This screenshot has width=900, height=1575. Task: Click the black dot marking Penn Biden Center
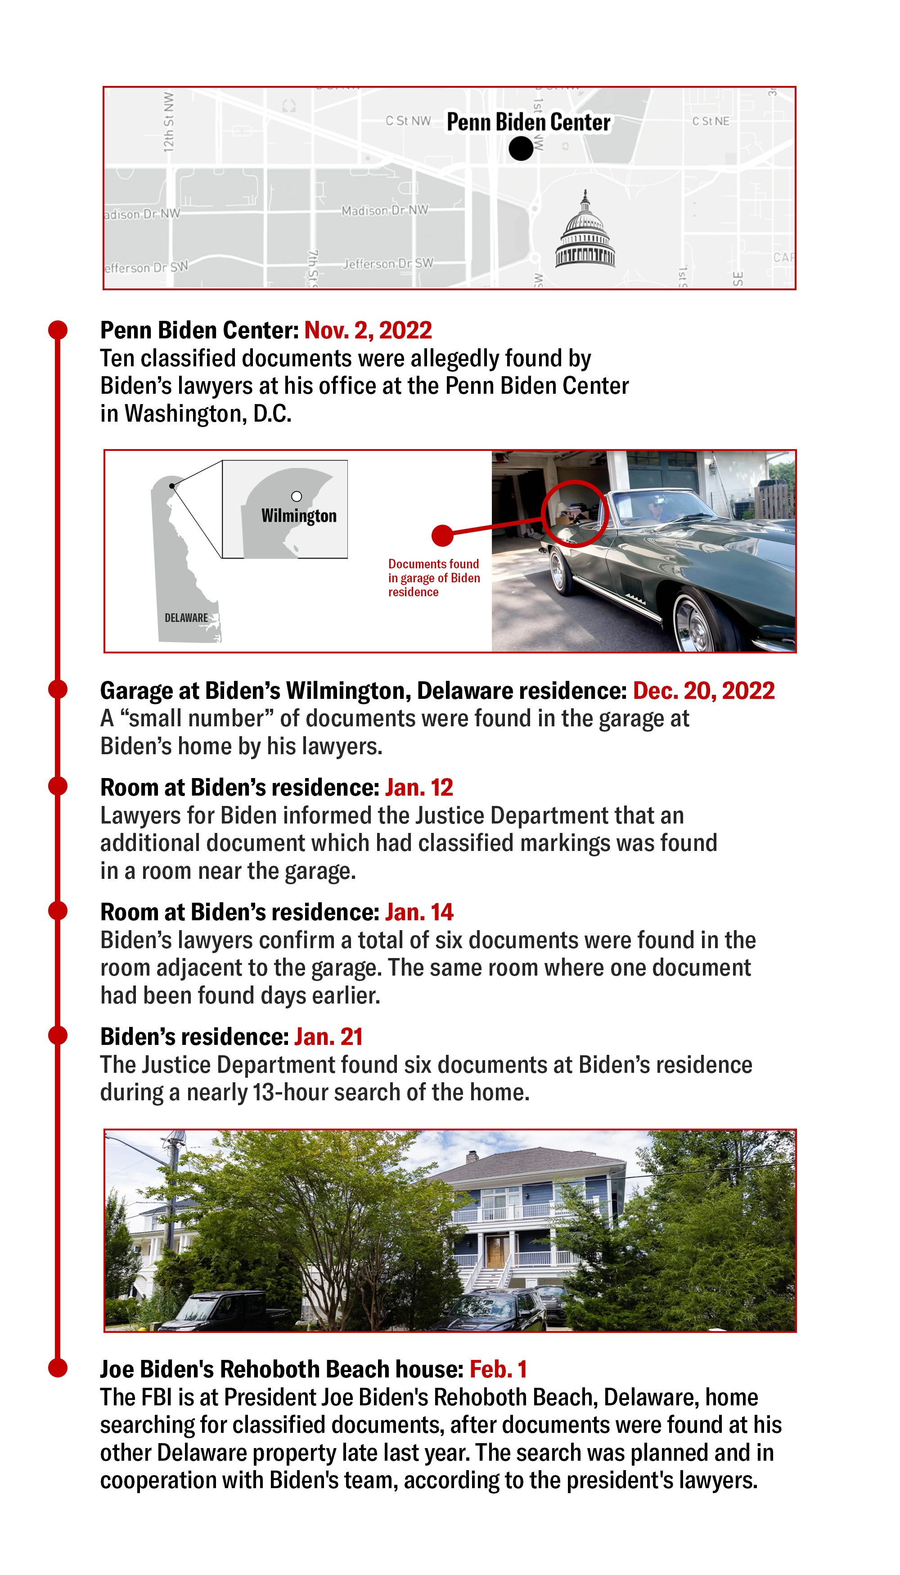point(521,148)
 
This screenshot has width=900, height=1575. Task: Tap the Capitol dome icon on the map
point(585,231)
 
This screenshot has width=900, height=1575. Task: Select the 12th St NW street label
point(168,122)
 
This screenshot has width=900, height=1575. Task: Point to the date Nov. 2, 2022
point(368,331)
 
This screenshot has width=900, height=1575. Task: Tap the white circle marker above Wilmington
point(297,496)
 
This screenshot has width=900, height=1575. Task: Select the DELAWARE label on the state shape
point(186,617)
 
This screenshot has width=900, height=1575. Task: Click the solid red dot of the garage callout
point(443,535)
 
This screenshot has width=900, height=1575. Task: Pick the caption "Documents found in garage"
point(433,577)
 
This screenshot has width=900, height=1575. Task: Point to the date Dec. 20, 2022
point(703,690)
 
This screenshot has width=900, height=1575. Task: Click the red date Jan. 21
point(328,1037)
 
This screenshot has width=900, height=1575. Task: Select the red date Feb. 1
point(498,1369)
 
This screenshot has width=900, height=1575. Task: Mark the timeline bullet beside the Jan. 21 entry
point(58,1035)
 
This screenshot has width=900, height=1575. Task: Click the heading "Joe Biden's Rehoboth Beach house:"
point(281,1369)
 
